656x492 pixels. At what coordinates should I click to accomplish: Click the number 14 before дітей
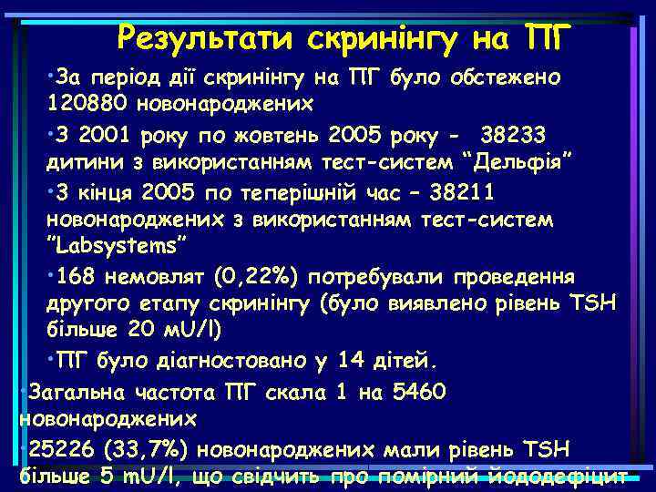point(351,361)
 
